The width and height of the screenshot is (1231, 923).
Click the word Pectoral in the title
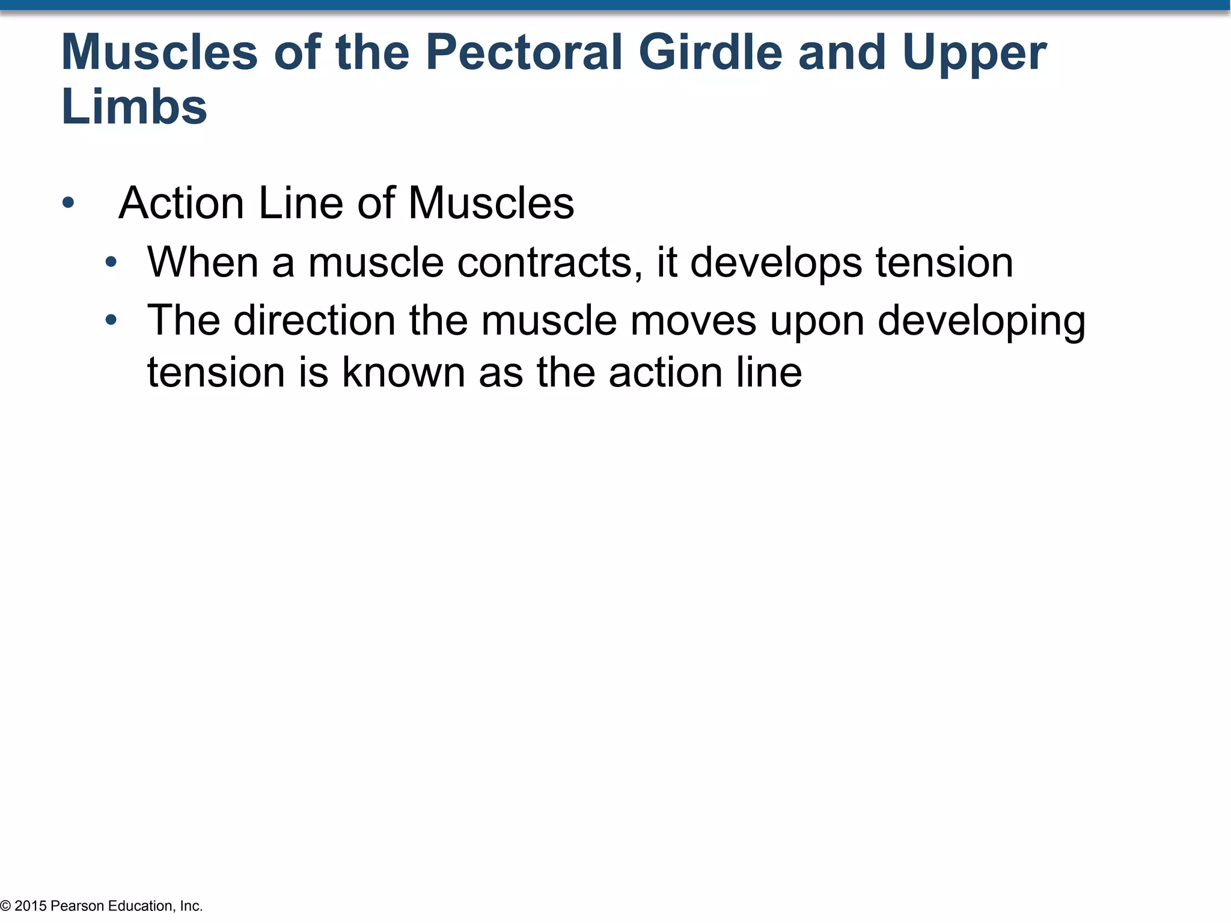point(524,53)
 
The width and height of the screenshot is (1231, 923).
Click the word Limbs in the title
point(134,107)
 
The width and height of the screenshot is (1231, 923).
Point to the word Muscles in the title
point(159,53)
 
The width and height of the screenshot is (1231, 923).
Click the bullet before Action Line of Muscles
point(68,203)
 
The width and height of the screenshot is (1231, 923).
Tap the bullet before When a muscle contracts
point(111,263)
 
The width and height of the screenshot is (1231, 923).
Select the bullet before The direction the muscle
point(111,320)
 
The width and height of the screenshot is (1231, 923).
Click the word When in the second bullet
point(203,263)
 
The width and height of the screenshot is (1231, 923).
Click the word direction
point(314,320)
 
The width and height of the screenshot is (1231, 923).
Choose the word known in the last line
point(403,373)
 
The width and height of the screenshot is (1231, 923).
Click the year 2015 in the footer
point(31,906)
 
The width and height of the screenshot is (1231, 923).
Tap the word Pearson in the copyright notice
point(78,906)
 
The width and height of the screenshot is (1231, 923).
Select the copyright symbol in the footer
point(5,906)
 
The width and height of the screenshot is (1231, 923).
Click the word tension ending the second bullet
point(944,263)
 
